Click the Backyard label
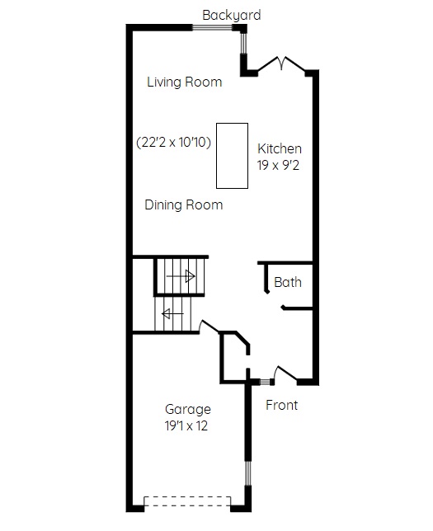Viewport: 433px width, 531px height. pos(232,15)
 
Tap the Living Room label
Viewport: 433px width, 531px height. pos(184,82)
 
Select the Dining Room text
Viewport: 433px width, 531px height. pos(184,204)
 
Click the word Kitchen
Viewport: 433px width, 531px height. pos(279,148)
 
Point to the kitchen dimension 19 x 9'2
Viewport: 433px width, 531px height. pos(278,165)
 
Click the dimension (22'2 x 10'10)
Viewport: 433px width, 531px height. pos(173,142)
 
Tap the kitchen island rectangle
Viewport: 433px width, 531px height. pos(232,156)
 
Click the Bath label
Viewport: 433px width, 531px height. pos(288,283)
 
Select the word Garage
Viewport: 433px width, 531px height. pos(188,410)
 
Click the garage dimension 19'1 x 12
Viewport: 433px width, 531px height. pos(186,425)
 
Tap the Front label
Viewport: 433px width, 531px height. pos(281,405)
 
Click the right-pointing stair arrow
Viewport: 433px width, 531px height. pos(181,276)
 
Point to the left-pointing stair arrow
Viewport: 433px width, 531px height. pos(172,314)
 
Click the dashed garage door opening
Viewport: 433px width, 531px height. pos(187,501)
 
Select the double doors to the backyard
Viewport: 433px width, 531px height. pos(281,63)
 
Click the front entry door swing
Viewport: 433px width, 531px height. pos(285,374)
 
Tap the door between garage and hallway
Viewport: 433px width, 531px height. pos(209,326)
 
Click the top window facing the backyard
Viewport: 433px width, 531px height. pos(212,28)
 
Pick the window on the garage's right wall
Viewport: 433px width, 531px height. pos(248,473)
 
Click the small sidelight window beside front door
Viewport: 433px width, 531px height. pos(265,382)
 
